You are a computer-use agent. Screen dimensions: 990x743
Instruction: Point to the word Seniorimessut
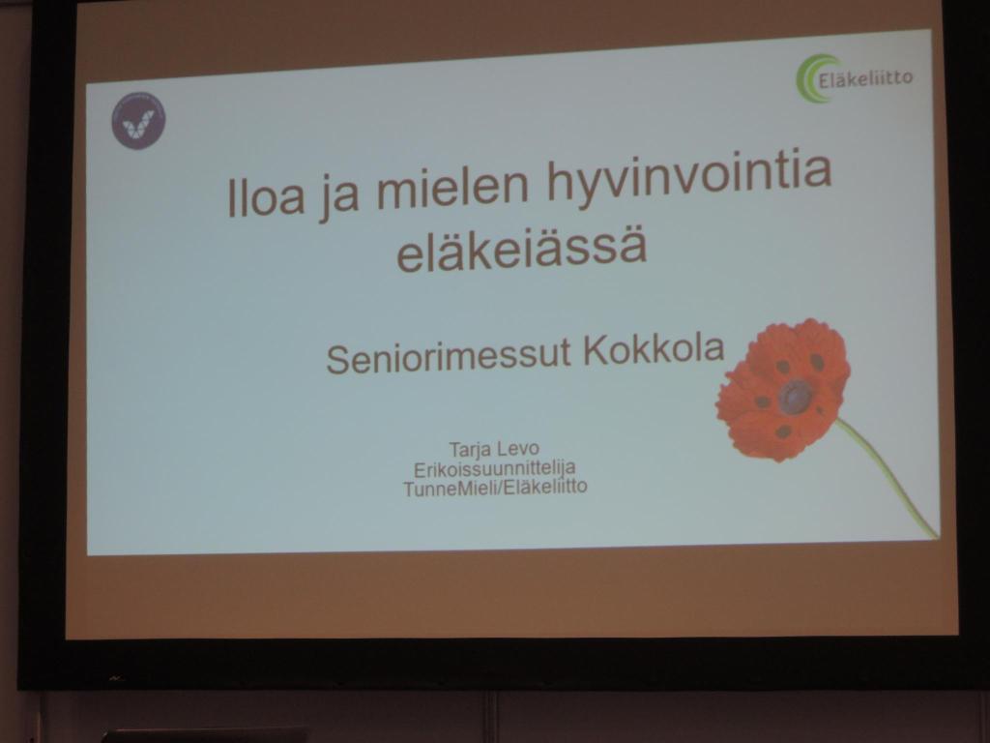[x=449, y=355]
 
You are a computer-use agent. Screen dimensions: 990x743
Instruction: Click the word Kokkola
[x=654, y=348]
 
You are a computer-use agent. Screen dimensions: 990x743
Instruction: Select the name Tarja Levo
[x=494, y=449]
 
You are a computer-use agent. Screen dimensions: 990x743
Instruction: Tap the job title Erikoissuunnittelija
[x=494, y=468]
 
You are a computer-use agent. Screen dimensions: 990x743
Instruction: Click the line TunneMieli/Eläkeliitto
[x=495, y=488]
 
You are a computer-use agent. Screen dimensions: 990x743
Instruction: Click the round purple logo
[x=138, y=121]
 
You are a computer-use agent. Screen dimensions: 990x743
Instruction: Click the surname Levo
[x=519, y=449]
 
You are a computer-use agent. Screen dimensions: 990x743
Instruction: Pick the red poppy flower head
[x=783, y=389]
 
